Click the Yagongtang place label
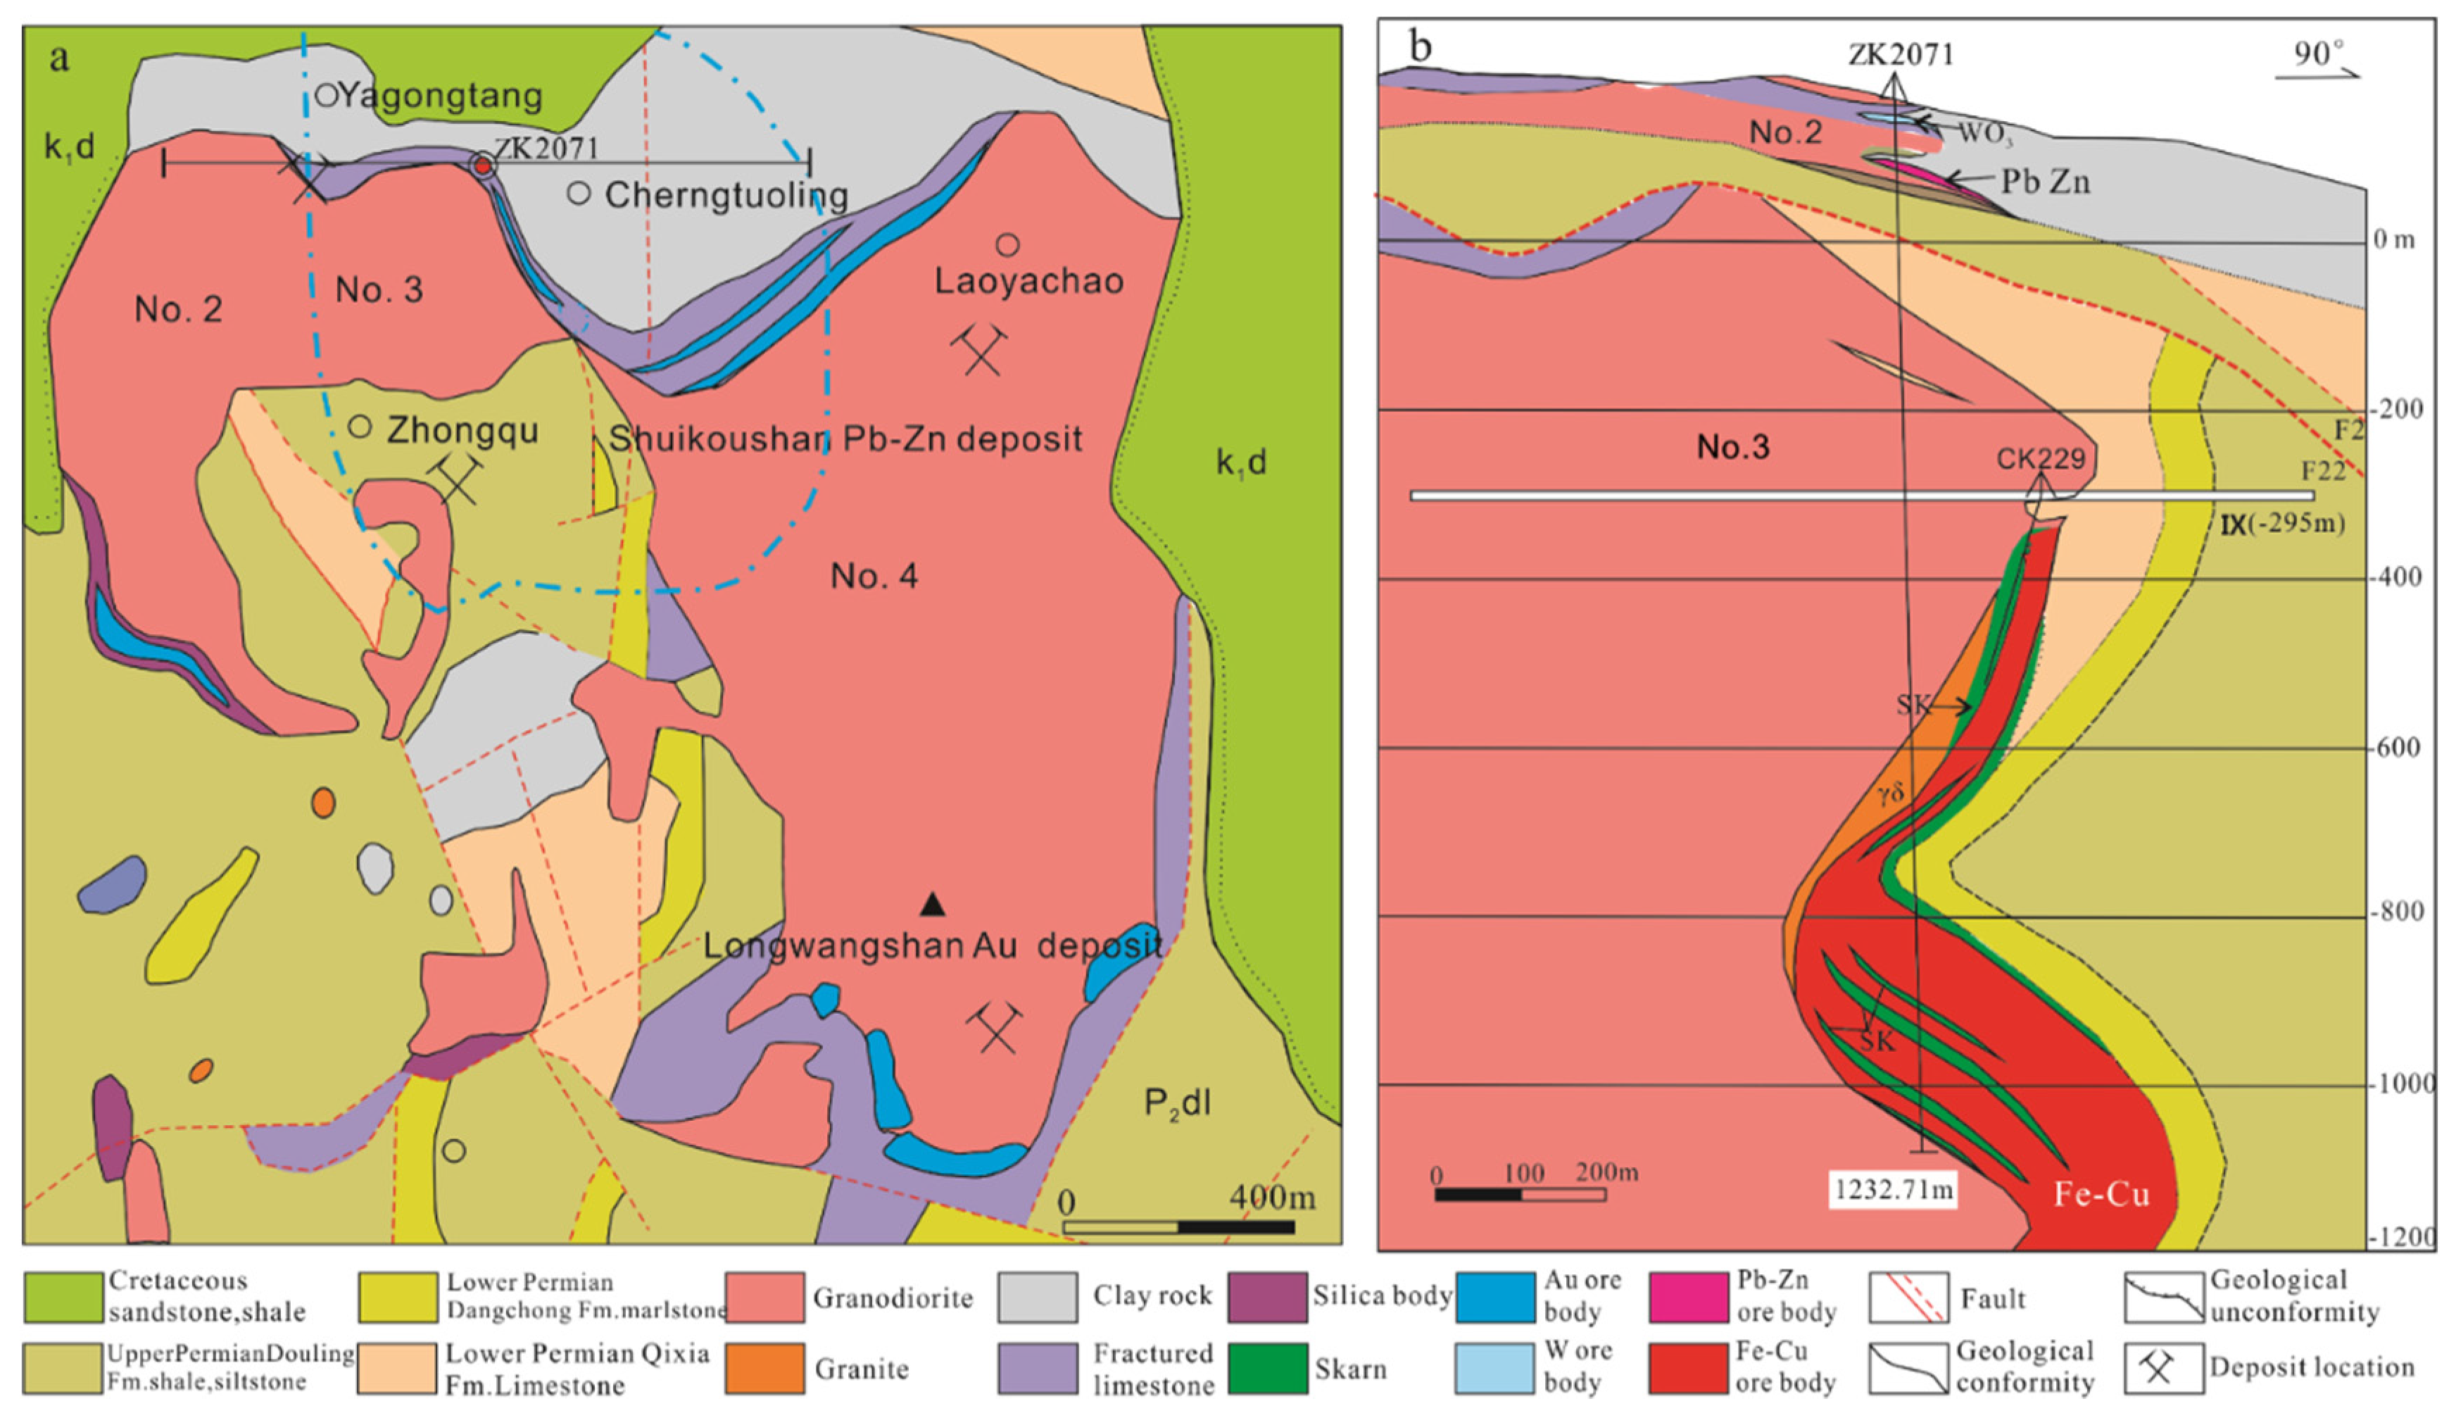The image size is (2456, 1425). [x=441, y=96]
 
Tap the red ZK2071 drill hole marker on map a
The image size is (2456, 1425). [x=482, y=165]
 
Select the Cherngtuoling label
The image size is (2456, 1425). [x=726, y=195]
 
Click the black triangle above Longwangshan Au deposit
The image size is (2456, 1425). [x=933, y=905]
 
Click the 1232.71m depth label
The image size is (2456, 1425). [x=1893, y=1189]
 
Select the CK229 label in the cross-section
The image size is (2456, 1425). [x=2041, y=458]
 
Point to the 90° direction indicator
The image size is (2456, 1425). [x=2317, y=56]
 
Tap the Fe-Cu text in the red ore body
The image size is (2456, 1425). [x=2101, y=1194]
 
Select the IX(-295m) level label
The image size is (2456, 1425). [x=2281, y=525]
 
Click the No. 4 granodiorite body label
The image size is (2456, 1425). [x=874, y=576]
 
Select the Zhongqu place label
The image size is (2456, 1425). [x=462, y=430]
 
